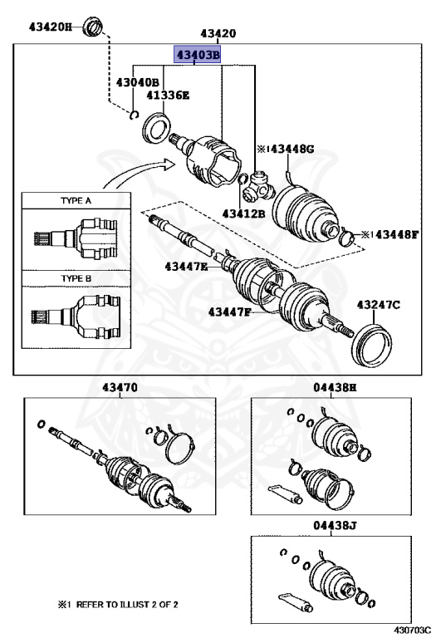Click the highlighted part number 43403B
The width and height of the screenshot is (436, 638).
[198, 54]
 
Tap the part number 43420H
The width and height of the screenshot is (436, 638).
[50, 27]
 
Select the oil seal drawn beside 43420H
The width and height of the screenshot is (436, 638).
[93, 27]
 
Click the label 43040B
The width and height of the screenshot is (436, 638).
[138, 82]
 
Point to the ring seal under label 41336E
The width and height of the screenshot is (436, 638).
[156, 129]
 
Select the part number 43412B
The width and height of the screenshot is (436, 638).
[243, 213]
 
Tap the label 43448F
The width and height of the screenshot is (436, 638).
[396, 234]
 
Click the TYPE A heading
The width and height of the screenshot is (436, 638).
[76, 200]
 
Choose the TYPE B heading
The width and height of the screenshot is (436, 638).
[76, 279]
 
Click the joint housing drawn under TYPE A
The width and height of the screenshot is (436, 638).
[76, 238]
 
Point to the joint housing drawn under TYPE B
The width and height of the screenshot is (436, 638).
[76, 317]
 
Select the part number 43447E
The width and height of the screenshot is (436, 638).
[186, 267]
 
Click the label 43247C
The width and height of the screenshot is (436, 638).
[378, 304]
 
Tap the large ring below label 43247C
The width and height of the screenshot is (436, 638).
[371, 346]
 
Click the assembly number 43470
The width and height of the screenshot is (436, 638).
[120, 387]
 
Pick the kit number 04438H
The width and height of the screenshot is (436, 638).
[335, 387]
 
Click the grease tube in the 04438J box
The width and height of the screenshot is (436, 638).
[296, 602]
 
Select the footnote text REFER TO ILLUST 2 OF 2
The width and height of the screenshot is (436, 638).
[127, 604]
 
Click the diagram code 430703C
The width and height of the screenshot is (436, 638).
[411, 631]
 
